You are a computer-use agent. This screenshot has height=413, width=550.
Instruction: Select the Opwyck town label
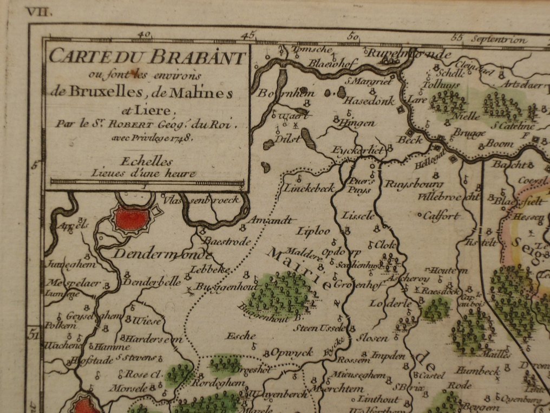click(292, 353)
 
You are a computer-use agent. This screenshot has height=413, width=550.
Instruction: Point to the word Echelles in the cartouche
click(147, 162)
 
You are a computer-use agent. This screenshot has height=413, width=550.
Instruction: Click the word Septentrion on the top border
click(499, 40)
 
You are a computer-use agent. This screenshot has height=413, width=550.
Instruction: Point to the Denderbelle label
click(144, 282)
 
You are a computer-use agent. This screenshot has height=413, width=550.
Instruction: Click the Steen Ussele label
click(319, 328)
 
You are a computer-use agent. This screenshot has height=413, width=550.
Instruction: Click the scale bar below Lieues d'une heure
click(147, 182)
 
